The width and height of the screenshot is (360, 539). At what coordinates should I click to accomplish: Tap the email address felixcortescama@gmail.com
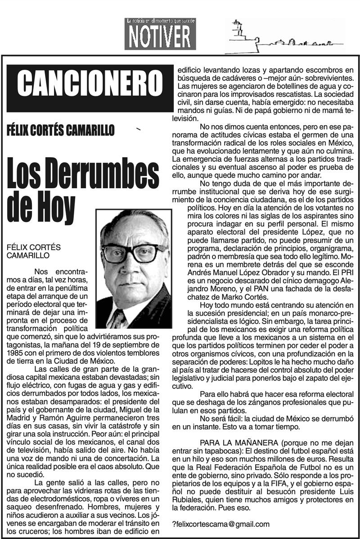click(221, 524)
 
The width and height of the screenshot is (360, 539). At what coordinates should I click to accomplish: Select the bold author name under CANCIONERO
click(61, 131)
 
